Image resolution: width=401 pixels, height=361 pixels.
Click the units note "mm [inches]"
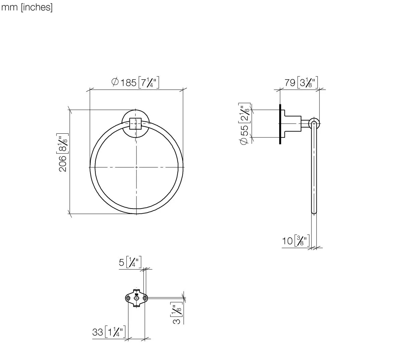tap(27, 7)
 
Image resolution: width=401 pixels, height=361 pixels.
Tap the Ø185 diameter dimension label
tap(135, 82)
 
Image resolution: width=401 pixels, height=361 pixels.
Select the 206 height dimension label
tap(63, 152)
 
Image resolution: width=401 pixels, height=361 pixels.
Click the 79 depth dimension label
tap(301, 82)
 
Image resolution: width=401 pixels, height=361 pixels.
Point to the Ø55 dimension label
tap(244, 124)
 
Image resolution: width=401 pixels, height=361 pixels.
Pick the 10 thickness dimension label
tap(296, 241)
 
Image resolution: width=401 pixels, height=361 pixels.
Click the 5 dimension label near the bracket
tap(130, 262)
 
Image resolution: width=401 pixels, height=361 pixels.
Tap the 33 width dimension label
tap(109, 332)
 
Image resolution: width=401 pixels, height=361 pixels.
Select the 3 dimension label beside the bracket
tap(177, 313)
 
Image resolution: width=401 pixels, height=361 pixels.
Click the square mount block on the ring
tap(135, 124)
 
